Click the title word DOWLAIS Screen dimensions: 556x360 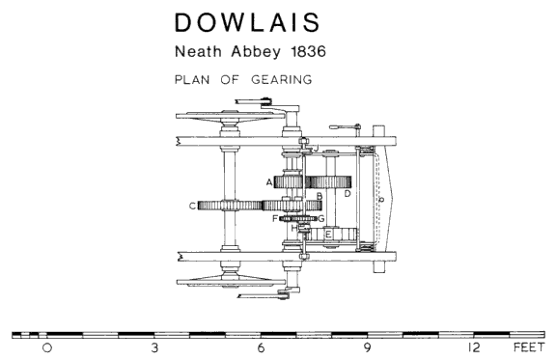pyautogui.click(x=247, y=22)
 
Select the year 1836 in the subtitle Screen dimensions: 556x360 pyautogui.click(x=308, y=52)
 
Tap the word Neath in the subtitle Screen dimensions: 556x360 pyautogui.click(x=198, y=52)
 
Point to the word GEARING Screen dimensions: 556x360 pyautogui.click(x=282, y=79)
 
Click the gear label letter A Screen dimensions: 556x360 pyautogui.click(x=269, y=182)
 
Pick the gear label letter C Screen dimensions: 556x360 pyautogui.click(x=192, y=206)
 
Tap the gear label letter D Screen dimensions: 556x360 pyautogui.click(x=347, y=193)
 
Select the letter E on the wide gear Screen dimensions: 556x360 pyautogui.click(x=328, y=235)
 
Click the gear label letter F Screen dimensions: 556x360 pyautogui.click(x=275, y=218)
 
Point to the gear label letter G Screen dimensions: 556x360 pyautogui.click(x=320, y=218)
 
